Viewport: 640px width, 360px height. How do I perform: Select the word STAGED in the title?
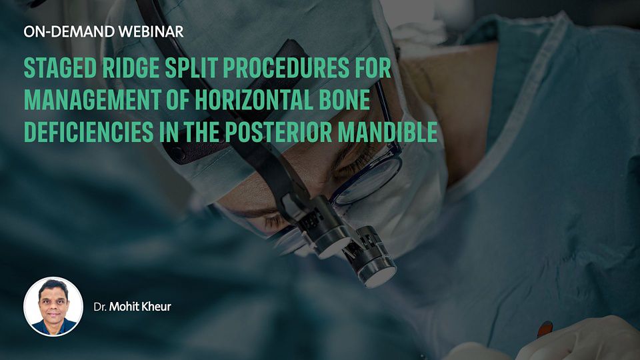(x=60, y=68)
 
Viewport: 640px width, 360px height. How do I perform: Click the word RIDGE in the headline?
(x=131, y=68)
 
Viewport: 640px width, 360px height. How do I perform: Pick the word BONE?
(x=346, y=100)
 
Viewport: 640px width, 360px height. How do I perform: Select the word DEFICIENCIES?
(x=89, y=131)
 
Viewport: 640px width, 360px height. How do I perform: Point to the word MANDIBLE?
(x=388, y=131)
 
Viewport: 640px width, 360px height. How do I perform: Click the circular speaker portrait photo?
(x=53, y=307)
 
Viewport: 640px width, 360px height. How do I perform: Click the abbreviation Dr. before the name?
(x=100, y=307)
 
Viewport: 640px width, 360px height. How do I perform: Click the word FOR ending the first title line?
(x=373, y=68)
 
